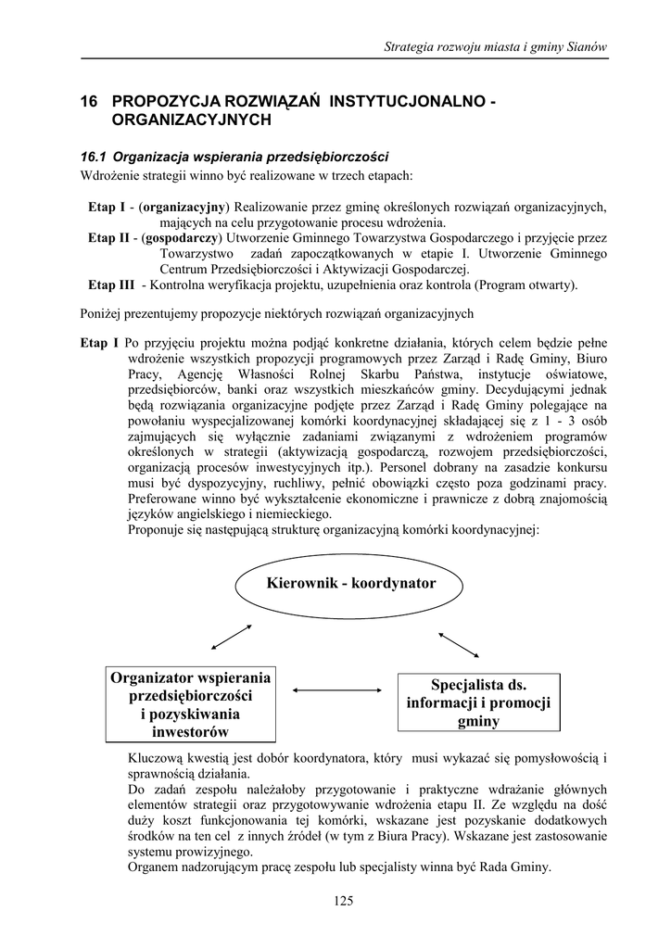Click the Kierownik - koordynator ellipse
coord(350,585)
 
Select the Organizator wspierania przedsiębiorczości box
coord(191,704)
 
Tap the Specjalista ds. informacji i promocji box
coord(477,703)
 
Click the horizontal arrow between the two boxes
coord(336,690)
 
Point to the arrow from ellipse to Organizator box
coord(232,639)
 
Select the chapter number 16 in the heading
coord(90,100)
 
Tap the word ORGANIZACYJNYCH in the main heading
coord(191,120)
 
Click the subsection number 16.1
coord(95,156)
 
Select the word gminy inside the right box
coord(477,722)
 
